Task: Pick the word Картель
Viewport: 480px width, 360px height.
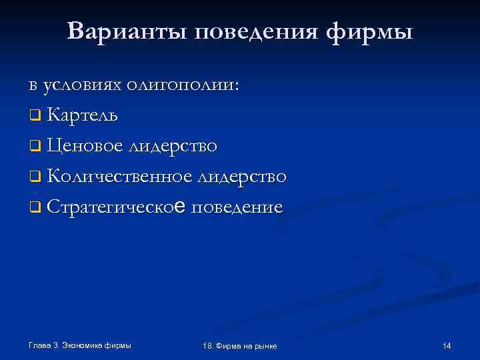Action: tap(83, 115)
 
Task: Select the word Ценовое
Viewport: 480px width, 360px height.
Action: tap(85, 146)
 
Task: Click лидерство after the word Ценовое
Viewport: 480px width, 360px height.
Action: tap(175, 146)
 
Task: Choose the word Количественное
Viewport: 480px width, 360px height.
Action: tap(119, 177)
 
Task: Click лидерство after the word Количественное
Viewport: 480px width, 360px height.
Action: tap(243, 177)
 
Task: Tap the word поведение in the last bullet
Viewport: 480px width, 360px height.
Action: tap(237, 207)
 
